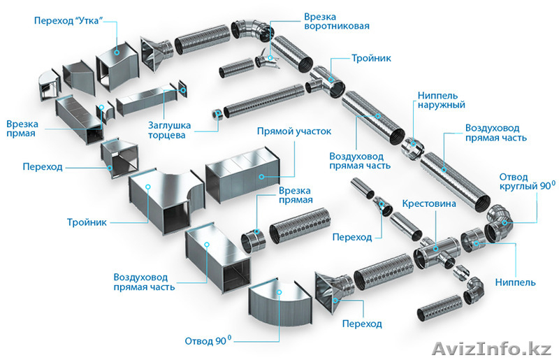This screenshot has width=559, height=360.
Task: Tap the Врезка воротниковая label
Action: (336, 21)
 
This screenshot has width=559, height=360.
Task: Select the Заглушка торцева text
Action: (166, 130)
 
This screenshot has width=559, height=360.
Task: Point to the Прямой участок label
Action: (293, 131)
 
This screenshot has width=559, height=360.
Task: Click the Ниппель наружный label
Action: (441, 100)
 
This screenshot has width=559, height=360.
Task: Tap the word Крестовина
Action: (429, 204)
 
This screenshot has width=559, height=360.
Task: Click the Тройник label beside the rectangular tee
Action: (87, 222)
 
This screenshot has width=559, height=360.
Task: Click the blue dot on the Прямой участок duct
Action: (262, 177)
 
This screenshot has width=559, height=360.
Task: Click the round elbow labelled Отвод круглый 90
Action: (500, 222)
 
